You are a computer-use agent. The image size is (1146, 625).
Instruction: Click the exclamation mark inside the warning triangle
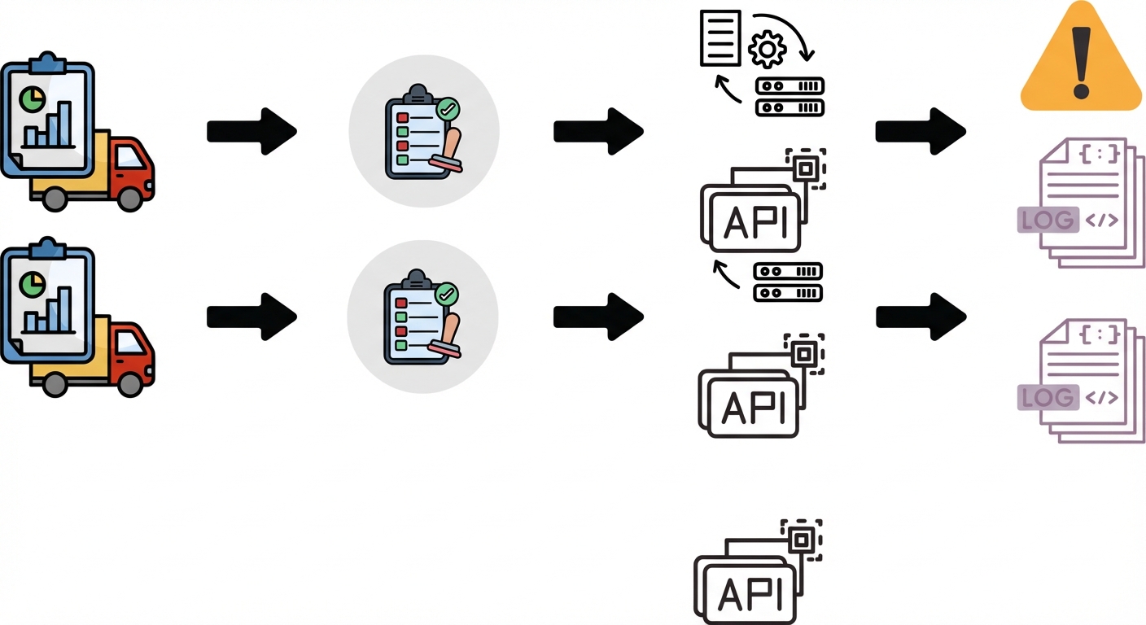point(1081,62)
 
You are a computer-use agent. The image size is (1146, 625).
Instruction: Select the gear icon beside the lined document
point(767,50)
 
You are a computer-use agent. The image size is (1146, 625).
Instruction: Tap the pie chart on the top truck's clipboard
point(32,99)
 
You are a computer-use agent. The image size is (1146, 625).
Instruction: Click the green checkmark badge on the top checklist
point(447,108)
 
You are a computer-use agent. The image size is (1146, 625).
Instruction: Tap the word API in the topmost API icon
point(755,221)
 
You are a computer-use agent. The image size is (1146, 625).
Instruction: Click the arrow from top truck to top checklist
point(252,130)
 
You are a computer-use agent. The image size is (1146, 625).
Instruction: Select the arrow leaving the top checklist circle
point(598,130)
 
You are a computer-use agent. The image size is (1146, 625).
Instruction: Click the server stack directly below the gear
point(790,97)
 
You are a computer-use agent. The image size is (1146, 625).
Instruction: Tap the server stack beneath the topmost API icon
point(788,282)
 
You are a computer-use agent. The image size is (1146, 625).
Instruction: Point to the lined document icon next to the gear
point(721,37)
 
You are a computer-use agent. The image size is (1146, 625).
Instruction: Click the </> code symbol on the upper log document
point(1102,220)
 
